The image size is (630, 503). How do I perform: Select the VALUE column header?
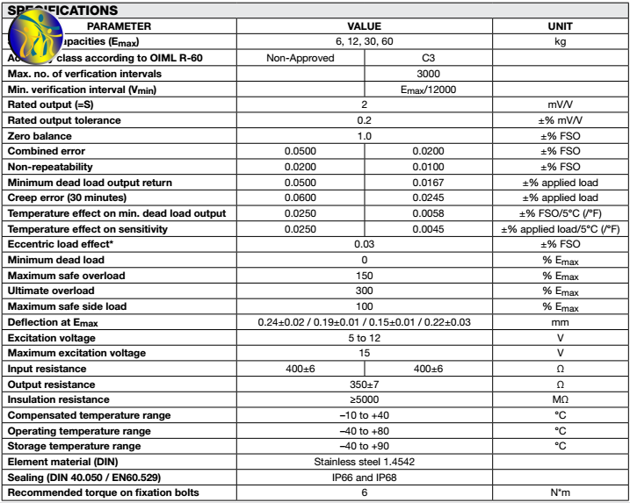click(364, 26)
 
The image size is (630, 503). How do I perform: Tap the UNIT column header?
click(560, 26)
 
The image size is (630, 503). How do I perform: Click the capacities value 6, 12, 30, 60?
click(364, 41)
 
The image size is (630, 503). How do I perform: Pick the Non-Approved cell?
click(301, 58)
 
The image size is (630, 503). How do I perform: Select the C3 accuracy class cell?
click(429, 58)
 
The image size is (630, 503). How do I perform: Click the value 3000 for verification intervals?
click(429, 74)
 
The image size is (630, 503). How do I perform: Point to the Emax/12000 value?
click(429, 90)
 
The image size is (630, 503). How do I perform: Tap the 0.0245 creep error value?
click(429, 198)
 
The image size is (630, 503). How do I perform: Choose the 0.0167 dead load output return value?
click(429, 183)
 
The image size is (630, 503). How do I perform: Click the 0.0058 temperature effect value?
click(429, 213)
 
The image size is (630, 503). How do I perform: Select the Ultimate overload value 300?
click(364, 291)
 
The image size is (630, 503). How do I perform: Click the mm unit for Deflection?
click(560, 322)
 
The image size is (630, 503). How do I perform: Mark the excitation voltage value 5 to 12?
click(364, 337)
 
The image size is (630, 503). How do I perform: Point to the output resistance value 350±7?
click(364, 384)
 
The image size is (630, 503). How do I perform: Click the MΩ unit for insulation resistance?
click(560, 399)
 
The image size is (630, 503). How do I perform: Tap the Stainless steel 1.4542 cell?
click(364, 461)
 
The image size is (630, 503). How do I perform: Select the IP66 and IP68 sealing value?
click(364, 477)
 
